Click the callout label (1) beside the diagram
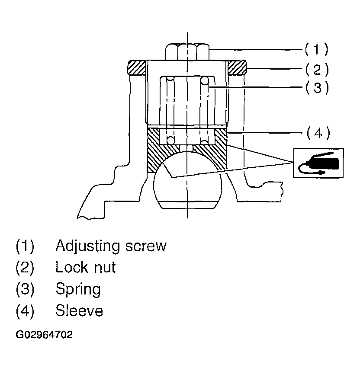[316, 49]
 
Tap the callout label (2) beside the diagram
[316, 69]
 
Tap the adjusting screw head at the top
[187, 51]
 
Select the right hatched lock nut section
[236, 67]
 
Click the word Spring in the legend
[78, 289]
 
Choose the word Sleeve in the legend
[79, 310]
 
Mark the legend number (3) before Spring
[25, 289]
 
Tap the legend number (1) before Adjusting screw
[25, 246]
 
